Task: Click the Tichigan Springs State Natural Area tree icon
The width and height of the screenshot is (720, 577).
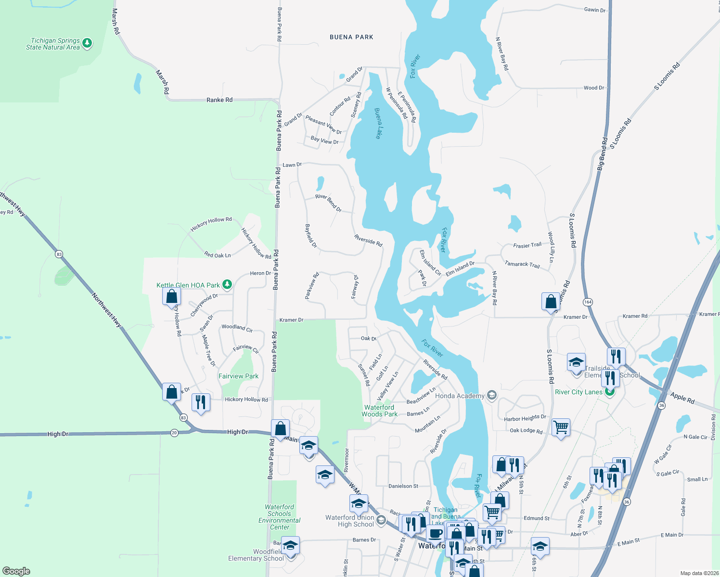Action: [x=87, y=43]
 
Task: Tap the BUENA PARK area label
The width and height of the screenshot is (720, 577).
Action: [x=351, y=37]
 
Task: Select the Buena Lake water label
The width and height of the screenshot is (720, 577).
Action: [x=378, y=123]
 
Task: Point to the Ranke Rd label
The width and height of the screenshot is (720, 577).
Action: [x=219, y=100]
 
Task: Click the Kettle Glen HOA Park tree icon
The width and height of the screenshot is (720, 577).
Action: [x=227, y=285]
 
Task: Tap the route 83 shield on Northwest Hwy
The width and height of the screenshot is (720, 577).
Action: [x=59, y=254]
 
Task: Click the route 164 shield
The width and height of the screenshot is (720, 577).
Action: [x=588, y=302]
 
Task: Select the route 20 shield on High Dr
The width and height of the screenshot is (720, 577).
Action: [x=174, y=433]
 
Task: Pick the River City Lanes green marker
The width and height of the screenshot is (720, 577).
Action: [x=610, y=392]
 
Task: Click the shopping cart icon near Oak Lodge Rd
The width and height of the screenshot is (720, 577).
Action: [x=561, y=426]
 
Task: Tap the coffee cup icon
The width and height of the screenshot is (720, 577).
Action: [x=435, y=533]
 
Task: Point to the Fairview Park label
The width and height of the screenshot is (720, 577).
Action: [x=238, y=376]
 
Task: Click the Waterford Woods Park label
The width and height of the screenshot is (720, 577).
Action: [x=380, y=411]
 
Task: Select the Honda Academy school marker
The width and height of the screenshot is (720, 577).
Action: [x=491, y=396]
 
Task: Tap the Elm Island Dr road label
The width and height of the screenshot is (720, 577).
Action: [x=460, y=269]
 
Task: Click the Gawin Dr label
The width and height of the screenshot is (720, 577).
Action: [x=595, y=10]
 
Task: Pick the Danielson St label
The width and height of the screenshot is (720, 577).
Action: [x=403, y=486]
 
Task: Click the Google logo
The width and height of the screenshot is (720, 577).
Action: [x=16, y=571]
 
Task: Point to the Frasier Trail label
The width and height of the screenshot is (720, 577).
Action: [x=527, y=245]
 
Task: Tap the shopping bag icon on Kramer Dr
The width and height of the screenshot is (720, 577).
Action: [x=550, y=301]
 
